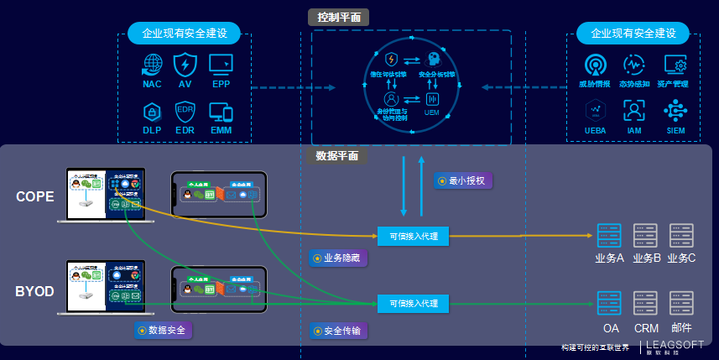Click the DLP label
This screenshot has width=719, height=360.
[152, 130]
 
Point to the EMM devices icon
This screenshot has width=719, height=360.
[221, 112]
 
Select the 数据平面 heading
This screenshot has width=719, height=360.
[336, 155]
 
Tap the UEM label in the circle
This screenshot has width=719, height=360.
[432, 112]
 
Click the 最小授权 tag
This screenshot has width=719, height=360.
[463, 180]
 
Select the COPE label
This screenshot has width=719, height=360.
[34, 196]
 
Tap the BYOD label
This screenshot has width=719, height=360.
[34, 291]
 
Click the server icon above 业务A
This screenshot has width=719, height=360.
[608, 234]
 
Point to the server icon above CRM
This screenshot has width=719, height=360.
[645, 302]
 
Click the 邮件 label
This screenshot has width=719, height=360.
[681, 328]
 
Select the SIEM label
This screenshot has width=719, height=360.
[675, 131]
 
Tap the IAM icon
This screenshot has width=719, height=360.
[634, 111]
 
